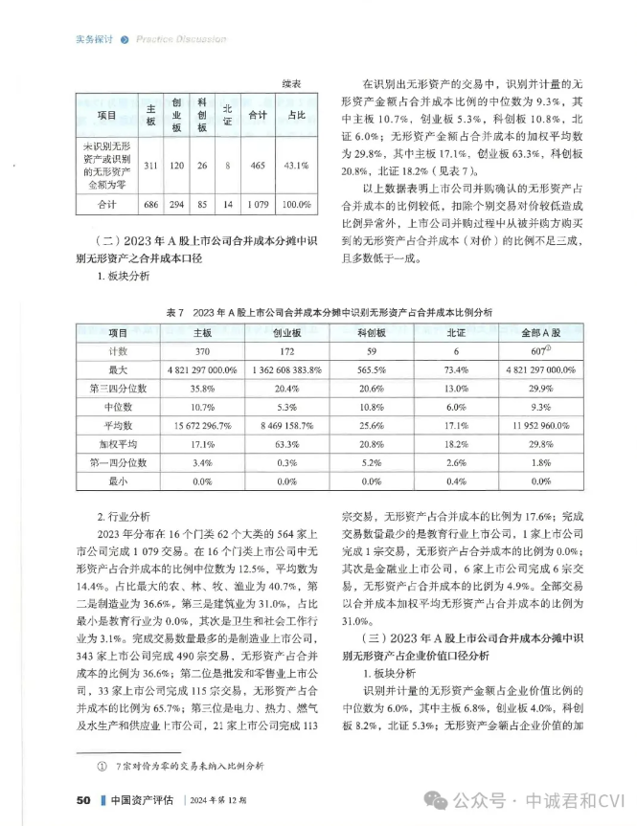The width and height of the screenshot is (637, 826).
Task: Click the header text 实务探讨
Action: click(x=94, y=39)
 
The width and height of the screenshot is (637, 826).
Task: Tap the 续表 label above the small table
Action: click(x=293, y=85)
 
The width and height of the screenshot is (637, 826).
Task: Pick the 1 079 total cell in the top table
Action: click(x=257, y=204)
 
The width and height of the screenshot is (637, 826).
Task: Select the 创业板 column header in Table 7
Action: click(x=286, y=334)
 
